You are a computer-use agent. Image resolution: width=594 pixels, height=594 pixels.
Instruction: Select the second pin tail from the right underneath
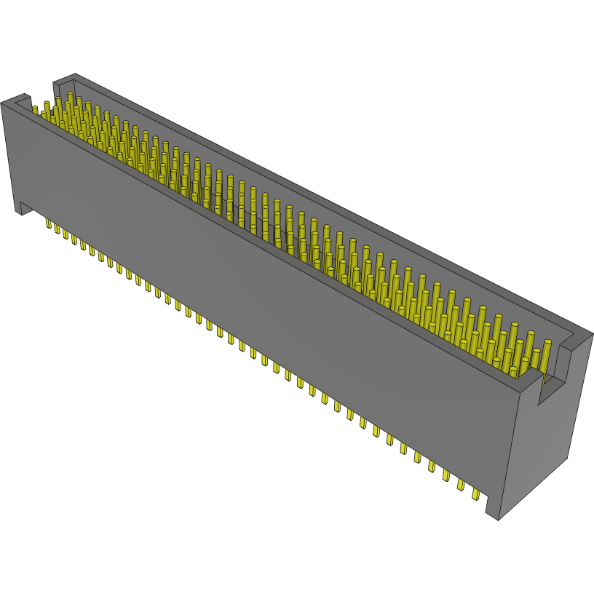click(461, 486)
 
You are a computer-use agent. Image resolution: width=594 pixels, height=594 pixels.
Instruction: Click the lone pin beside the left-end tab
click(34, 111)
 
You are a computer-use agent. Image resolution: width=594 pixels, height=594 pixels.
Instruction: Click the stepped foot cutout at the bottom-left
click(26, 209)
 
